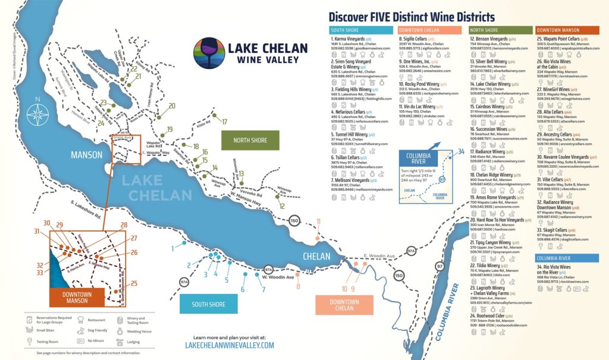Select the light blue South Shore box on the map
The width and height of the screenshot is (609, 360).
pos(208,304)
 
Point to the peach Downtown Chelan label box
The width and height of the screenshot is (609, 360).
pos(344,305)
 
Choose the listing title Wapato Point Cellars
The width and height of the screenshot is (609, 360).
pos(561,39)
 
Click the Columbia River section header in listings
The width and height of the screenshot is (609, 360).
pos(554,258)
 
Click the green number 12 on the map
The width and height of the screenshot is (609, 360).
pos(282,206)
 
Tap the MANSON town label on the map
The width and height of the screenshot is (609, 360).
pos(87,155)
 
